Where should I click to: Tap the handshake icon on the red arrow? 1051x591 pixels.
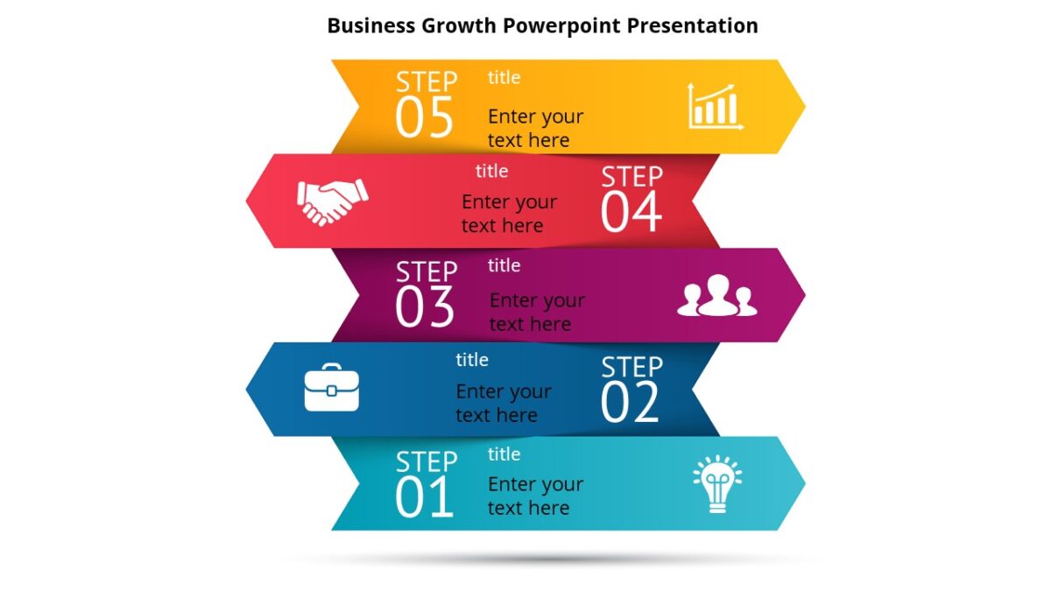(332, 201)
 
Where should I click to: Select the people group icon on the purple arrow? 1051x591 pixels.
(717, 296)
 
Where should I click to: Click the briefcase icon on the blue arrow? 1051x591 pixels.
(331, 390)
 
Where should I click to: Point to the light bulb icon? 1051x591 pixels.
(717, 484)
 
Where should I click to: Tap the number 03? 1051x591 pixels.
(425, 308)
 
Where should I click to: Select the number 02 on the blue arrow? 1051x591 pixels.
(630, 403)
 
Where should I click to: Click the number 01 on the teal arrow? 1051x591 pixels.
(425, 497)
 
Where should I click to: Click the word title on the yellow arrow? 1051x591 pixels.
(504, 77)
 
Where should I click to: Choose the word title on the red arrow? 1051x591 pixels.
(491, 171)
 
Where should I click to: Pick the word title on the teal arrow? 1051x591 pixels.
(504, 454)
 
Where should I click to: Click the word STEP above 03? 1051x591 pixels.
(427, 271)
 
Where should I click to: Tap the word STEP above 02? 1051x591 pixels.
(631, 366)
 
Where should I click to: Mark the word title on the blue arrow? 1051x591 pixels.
(472, 359)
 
